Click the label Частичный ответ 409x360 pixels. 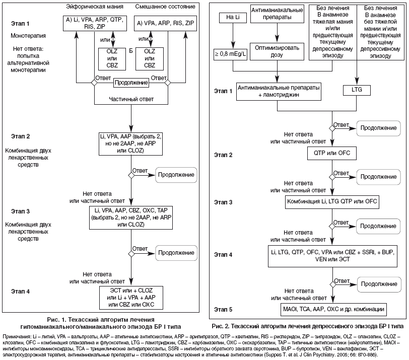click(x=131, y=99)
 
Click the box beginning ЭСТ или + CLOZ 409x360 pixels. click(x=131, y=297)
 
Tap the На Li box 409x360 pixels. click(x=232, y=18)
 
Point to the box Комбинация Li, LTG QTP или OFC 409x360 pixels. click(x=332, y=202)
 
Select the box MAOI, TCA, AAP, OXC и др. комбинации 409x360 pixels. click(x=332, y=308)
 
